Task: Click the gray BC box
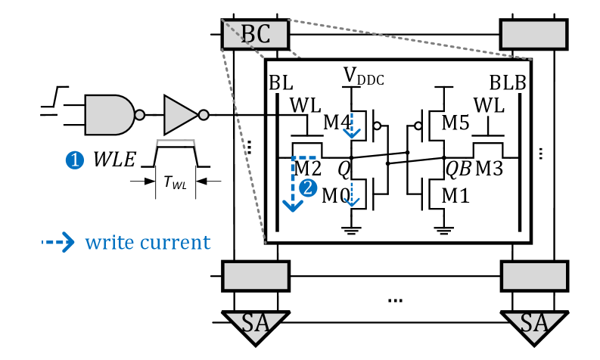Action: click(256, 34)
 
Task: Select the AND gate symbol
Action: click(110, 115)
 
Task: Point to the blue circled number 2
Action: click(307, 188)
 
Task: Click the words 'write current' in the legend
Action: click(147, 242)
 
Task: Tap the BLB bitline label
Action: click(507, 83)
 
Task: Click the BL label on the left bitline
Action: click(281, 83)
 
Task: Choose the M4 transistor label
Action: click(337, 122)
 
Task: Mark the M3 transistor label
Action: click(488, 169)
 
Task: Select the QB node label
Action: click(458, 169)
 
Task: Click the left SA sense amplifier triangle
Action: click(256, 324)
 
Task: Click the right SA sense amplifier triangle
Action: click(534, 324)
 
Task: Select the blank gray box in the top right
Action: click(534, 34)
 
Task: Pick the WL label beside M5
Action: click(488, 106)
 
